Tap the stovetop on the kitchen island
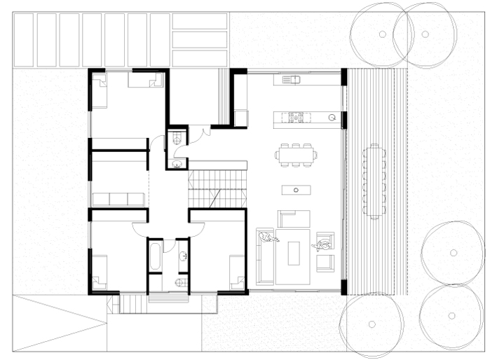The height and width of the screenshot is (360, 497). (x=295, y=116)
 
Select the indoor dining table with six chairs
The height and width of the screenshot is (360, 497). (x=297, y=154)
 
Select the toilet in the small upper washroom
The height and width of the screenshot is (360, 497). (x=177, y=137)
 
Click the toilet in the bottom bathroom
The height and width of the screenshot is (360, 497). (x=182, y=282)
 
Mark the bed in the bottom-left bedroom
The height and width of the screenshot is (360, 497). (x=99, y=274)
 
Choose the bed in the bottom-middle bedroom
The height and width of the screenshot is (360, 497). (x=237, y=274)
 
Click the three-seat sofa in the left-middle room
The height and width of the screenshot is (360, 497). (x=118, y=199)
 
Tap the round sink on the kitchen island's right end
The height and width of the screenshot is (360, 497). (x=332, y=116)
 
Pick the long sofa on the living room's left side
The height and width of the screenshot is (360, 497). (x=265, y=256)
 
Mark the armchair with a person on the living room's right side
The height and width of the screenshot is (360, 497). (x=325, y=247)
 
